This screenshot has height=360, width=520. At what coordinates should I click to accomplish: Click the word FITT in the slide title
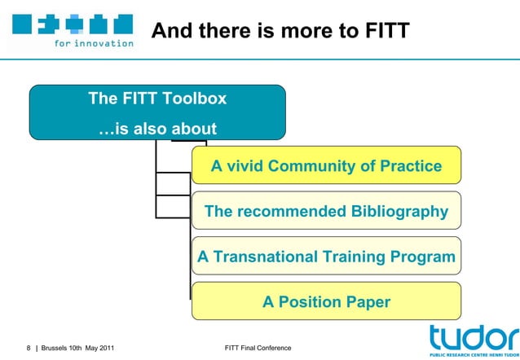point(381,31)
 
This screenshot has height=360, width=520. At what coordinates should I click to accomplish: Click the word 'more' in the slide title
point(299,31)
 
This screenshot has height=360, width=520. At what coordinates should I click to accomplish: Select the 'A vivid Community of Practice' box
point(326,166)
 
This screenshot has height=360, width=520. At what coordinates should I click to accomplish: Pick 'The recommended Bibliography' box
point(326,212)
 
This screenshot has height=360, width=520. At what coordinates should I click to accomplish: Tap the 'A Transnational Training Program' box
point(326,257)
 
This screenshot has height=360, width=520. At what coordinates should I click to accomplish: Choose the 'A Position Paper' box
point(326,301)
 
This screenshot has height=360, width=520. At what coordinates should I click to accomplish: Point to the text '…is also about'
point(157,129)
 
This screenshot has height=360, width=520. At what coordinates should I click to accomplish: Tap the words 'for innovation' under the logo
point(94,43)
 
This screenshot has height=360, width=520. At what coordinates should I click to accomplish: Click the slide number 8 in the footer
point(29,349)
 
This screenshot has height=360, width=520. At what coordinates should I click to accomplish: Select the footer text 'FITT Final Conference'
point(257,349)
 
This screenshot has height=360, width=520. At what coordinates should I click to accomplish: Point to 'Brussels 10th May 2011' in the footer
point(77,349)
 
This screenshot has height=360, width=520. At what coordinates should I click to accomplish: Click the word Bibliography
point(395,212)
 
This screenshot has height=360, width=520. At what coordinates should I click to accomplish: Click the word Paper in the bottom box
point(365,301)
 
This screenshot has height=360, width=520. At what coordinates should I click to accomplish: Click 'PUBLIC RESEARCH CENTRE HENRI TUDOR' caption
point(473,355)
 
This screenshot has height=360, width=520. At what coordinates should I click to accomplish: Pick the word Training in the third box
point(353,257)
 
